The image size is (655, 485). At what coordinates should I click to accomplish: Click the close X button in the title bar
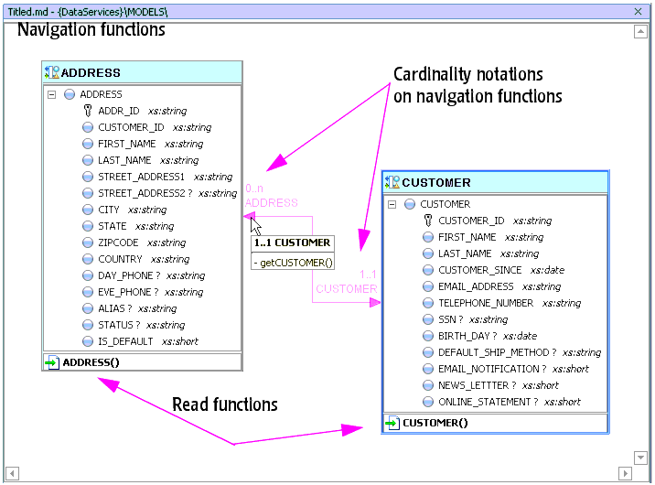click(639, 10)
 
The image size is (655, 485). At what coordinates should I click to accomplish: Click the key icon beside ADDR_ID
click(88, 111)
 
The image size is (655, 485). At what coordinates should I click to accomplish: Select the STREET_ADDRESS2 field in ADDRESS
click(142, 193)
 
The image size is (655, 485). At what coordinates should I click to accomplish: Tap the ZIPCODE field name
click(118, 242)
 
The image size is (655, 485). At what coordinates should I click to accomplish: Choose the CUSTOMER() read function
click(435, 423)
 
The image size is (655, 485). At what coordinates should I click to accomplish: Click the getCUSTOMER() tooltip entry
click(292, 263)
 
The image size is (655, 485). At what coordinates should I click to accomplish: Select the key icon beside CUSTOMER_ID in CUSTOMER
click(428, 221)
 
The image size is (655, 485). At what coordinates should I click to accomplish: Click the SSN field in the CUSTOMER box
click(448, 319)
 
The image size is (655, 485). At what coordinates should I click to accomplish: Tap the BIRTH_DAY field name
click(466, 336)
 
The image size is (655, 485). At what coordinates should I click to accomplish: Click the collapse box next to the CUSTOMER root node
click(392, 204)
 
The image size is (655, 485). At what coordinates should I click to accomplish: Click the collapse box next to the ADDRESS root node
click(51, 94)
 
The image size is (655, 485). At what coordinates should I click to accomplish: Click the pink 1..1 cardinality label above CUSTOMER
click(369, 275)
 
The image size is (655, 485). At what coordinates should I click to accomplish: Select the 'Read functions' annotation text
click(225, 404)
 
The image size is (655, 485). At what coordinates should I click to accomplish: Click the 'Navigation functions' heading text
click(91, 30)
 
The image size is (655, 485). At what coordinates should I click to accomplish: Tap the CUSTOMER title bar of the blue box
click(436, 182)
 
